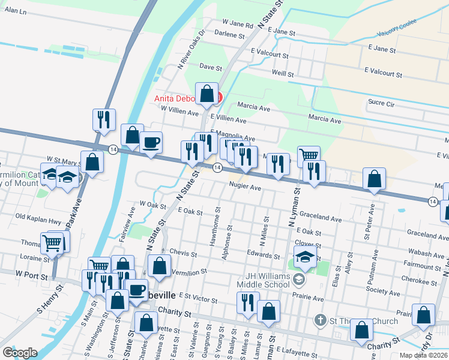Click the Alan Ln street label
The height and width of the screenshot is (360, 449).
tap(16, 11)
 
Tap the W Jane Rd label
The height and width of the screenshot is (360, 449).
tap(238, 25)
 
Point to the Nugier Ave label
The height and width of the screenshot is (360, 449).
tap(244, 187)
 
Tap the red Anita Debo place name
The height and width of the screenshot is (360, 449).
tap(178, 99)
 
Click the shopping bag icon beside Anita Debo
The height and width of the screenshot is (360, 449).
tap(207, 94)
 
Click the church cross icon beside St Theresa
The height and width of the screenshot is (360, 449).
tap(321, 320)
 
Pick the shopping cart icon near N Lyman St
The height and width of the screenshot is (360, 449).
tap(309, 156)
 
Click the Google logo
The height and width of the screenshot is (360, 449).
tap(20, 352)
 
